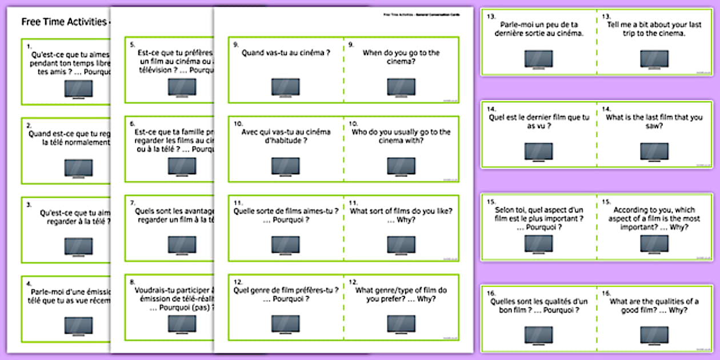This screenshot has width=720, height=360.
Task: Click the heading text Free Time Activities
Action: click(x=63, y=22)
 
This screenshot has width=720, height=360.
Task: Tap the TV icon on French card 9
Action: click(x=285, y=87)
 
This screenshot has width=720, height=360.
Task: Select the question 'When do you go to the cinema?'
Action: click(x=401, y=57)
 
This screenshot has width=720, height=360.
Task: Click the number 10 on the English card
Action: click(x=353, y=123)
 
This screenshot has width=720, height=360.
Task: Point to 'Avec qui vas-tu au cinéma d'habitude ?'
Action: click(x=285, y=136)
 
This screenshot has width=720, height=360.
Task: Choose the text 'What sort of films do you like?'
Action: click(x=401, y=211)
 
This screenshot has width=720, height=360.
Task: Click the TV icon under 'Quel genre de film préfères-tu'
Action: click(x=285, y=323)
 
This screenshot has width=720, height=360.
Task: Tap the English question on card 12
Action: click(x=401, y=294)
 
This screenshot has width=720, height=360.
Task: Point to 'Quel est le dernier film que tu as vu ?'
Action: click(x=539, y=122)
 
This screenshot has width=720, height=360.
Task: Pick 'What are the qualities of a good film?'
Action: click(x=654, y=306)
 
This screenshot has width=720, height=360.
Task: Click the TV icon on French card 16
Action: click(x=539, y=335)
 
